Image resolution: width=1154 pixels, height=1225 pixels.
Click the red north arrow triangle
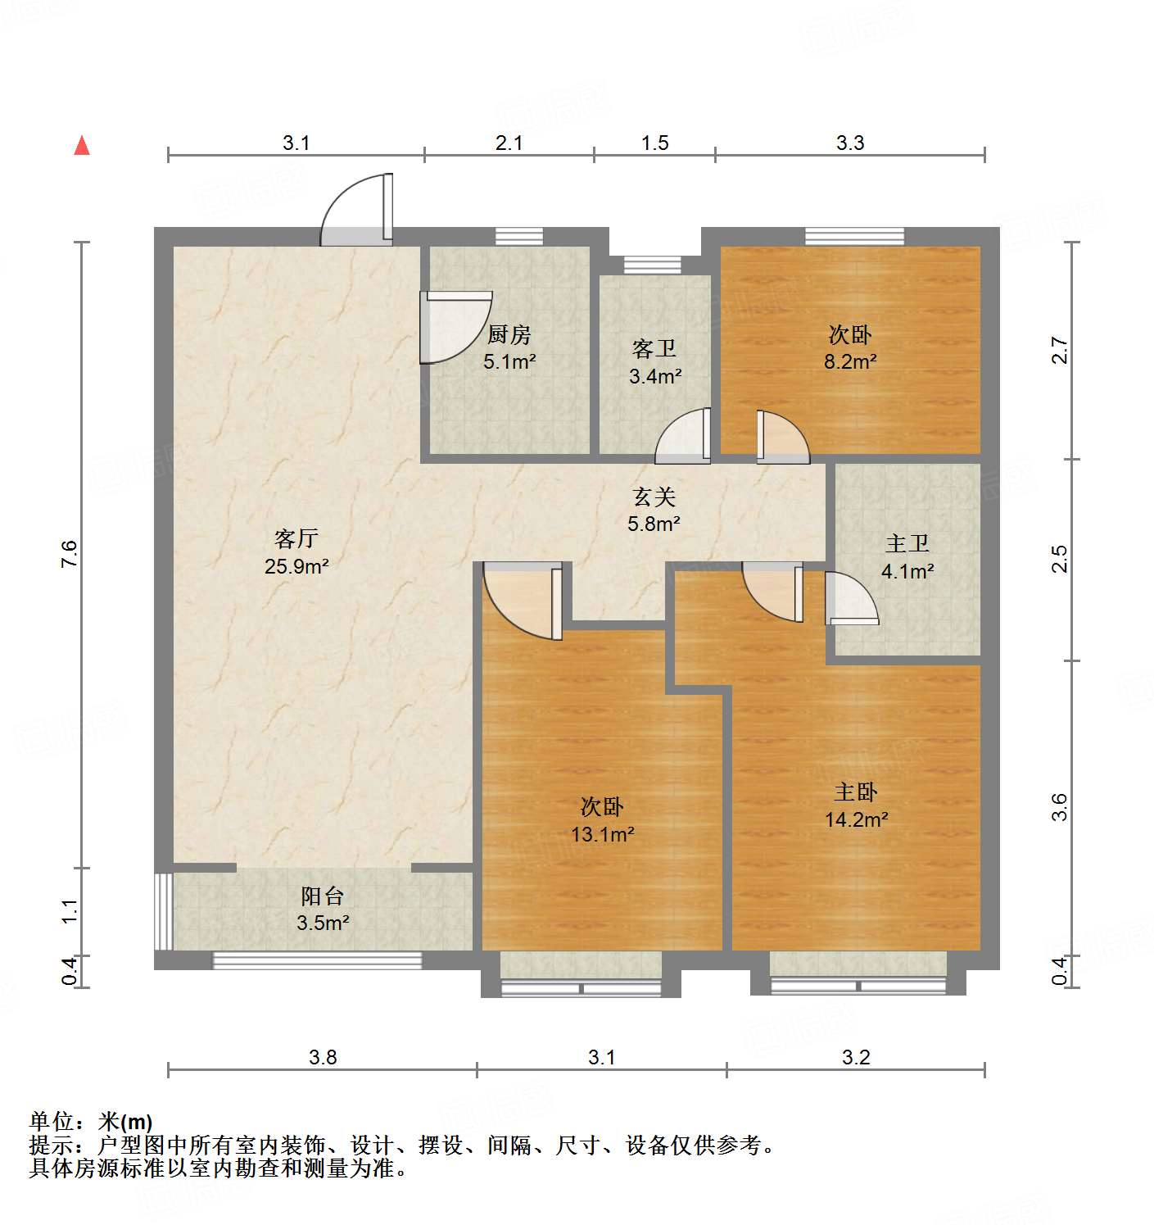pyautogui.click(x=82, y=146)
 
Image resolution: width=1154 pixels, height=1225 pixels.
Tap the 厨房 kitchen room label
pyautogui.click(x=509, y=334)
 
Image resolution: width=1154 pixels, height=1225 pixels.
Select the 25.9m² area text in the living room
pyautogui.click(x=296, y=565)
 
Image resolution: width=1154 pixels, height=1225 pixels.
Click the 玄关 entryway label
pyautogui.click(x=654, y=497)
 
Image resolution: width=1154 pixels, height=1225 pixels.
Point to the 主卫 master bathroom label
pyautogui.click(x=907, y=543)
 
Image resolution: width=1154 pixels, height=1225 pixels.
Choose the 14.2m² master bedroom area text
pyautogui.click(x=856, y=819)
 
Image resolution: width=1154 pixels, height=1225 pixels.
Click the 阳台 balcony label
pyautogui.click(x=322, y=896)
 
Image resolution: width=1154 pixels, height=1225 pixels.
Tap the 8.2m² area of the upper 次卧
pyautogui.click(x=850, y=361)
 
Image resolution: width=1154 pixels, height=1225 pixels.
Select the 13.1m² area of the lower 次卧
pyautogui.click(x=602, y=834)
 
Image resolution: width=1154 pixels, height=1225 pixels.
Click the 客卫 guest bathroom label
pyautogui.click(x=654, y=349)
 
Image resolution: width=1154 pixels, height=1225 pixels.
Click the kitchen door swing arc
pyautogui.click(x=455, y=326)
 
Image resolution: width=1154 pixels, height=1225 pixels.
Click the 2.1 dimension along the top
pyautogui.click(x=509, y=143)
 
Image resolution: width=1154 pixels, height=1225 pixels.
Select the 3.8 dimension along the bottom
pyautogui.click(x=323, y=1057)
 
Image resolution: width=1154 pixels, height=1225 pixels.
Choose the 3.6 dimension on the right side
pyautogui.click(x=1061, y=806)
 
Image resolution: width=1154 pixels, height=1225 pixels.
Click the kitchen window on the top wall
pyautogui.click(x=519, y=236)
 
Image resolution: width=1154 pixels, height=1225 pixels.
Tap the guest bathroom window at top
pyautogui.click(x=652, y=265)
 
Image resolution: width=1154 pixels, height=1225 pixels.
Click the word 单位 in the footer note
pyautogui.click(x=52, y=1121)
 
